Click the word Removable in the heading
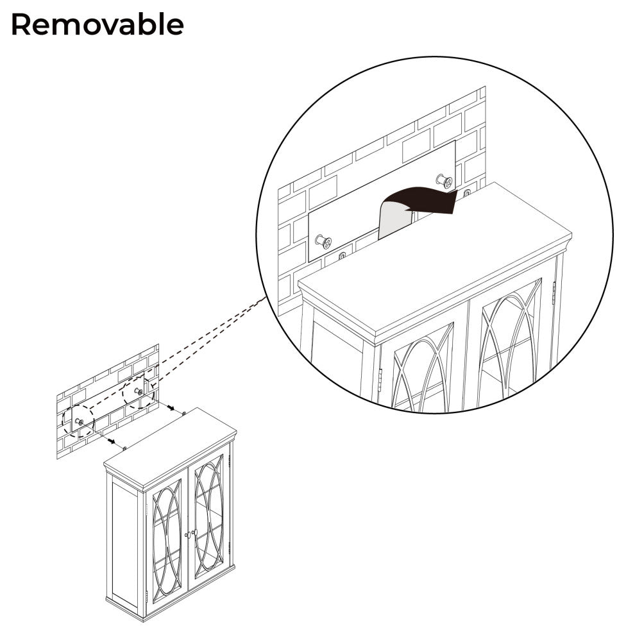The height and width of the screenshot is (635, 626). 97,25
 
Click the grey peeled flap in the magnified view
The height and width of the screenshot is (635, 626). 393,220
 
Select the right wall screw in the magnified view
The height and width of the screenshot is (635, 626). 443,180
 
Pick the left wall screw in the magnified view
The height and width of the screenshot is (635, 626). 324,242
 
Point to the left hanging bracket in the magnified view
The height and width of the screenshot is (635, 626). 342,256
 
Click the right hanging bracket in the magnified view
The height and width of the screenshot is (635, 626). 466,192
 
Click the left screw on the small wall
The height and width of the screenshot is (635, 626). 80,421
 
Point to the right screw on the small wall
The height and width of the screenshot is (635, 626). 138,391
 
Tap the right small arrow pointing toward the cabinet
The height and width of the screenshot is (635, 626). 171,407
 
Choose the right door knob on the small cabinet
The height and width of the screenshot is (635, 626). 193,531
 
